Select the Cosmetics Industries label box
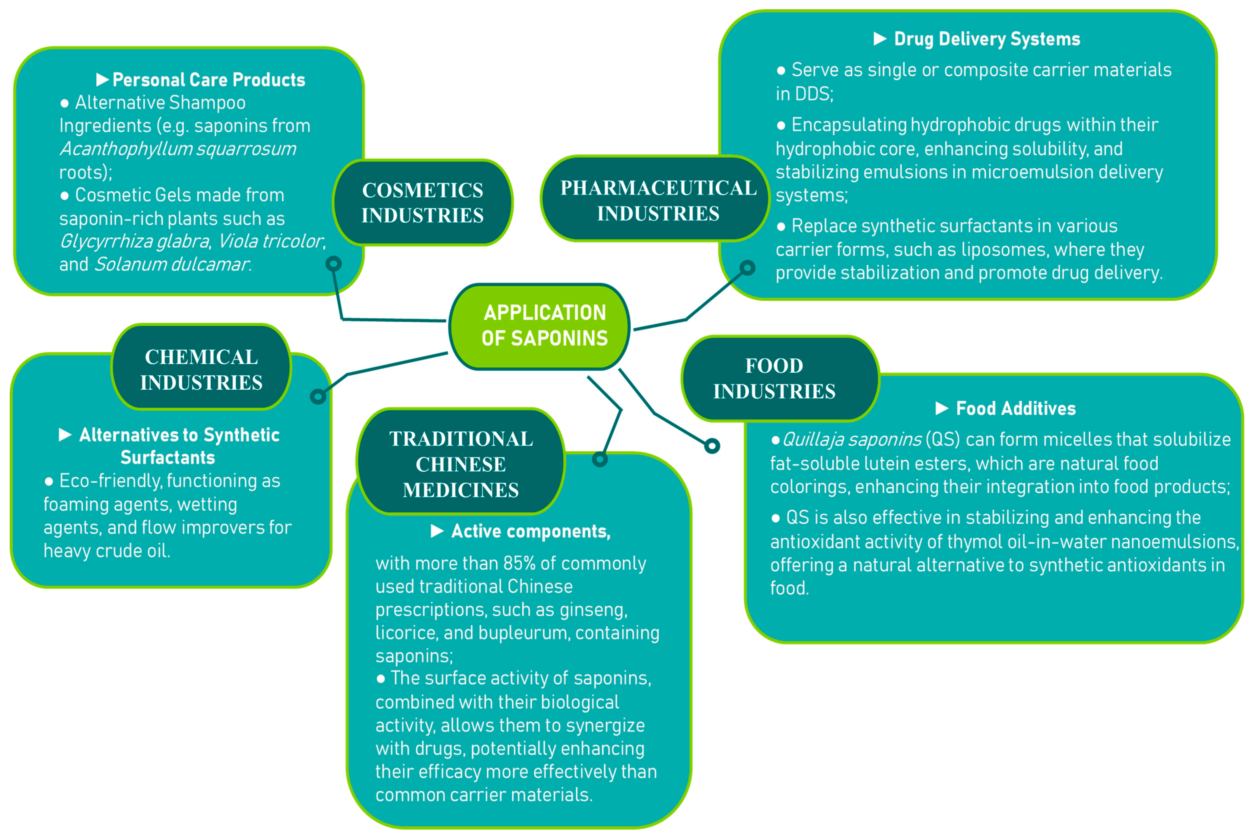(x=422, y=203)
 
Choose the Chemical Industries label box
(x=201, y=369)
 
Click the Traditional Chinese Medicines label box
(x=460, y=463)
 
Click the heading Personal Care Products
(x=208, y=80)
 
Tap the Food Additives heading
(x=1015, y=408)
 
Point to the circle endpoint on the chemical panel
(x=318, y=397)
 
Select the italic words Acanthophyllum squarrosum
(x=178, y=149)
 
